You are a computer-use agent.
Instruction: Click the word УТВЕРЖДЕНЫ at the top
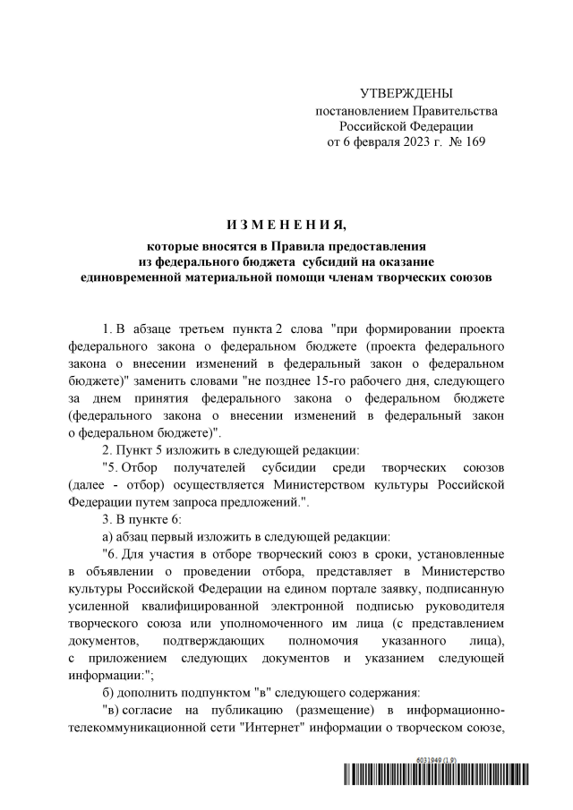click(406, 94)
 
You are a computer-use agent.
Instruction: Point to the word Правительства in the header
click(457, 110)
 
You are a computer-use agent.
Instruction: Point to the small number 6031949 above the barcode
click(432, 759)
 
